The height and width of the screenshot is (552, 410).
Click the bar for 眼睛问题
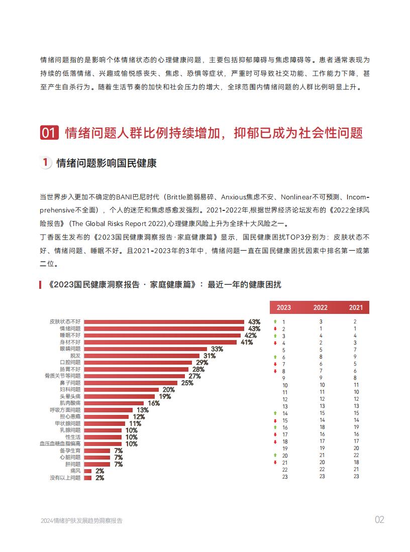pyautogui.click(x=146, y=349)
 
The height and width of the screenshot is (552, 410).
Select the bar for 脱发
pyautogui.click(x=142, y=356)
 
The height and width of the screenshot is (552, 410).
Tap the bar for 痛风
pyautogui.click(x=88, y=471)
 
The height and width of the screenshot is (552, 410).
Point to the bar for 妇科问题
pyautogui.click(x=122, y=389)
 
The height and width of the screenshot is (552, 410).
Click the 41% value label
pyautogui.click(x=247, y=342)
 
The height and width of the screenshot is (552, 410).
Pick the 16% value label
pyautogui.click(x=154, y=403)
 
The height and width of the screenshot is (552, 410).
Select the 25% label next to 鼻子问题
pyautogui.click(x=187, y=383)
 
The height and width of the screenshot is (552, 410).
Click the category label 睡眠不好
pyautogui.click(x=70, y=335)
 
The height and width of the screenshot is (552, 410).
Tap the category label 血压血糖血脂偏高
pyautogui.click(x=60, y=444)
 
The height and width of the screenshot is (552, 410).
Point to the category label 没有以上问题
pyautogui.click(x=65, y=478)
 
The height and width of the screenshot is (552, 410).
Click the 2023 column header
pyautogui.click(x=284, y=307)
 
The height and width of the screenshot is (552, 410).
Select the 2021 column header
pyautogui.click(x=356, y=307)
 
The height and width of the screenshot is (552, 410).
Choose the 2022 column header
pyautogui.click(x=321, y=307)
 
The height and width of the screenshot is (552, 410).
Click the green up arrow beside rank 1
pyautogui.click(x=275, y=321)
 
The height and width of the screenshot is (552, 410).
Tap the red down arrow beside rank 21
pyautogui.click(x=275, y=462)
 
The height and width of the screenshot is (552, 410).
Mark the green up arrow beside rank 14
pyautogui.click(x=275, y=413)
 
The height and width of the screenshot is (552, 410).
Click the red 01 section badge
pyautogui.click(x=49, y=133)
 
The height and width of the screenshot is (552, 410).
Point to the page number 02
pyautogui.click(x=379, y=520)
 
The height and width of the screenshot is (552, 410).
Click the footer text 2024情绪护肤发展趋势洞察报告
pyautogui.click(x=82, y=521)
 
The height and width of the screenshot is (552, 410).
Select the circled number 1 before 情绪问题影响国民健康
pyautogui.click(x=45, y=163)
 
